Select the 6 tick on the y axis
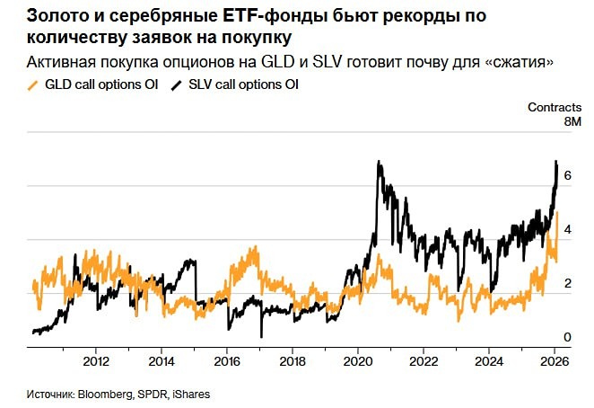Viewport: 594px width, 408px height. [567, 187]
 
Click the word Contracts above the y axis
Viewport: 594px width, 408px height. [555, 107]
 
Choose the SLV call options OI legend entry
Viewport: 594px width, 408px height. [236, 84]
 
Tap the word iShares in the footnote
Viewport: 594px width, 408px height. [187, 394]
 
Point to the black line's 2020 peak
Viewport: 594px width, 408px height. [379, 163]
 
